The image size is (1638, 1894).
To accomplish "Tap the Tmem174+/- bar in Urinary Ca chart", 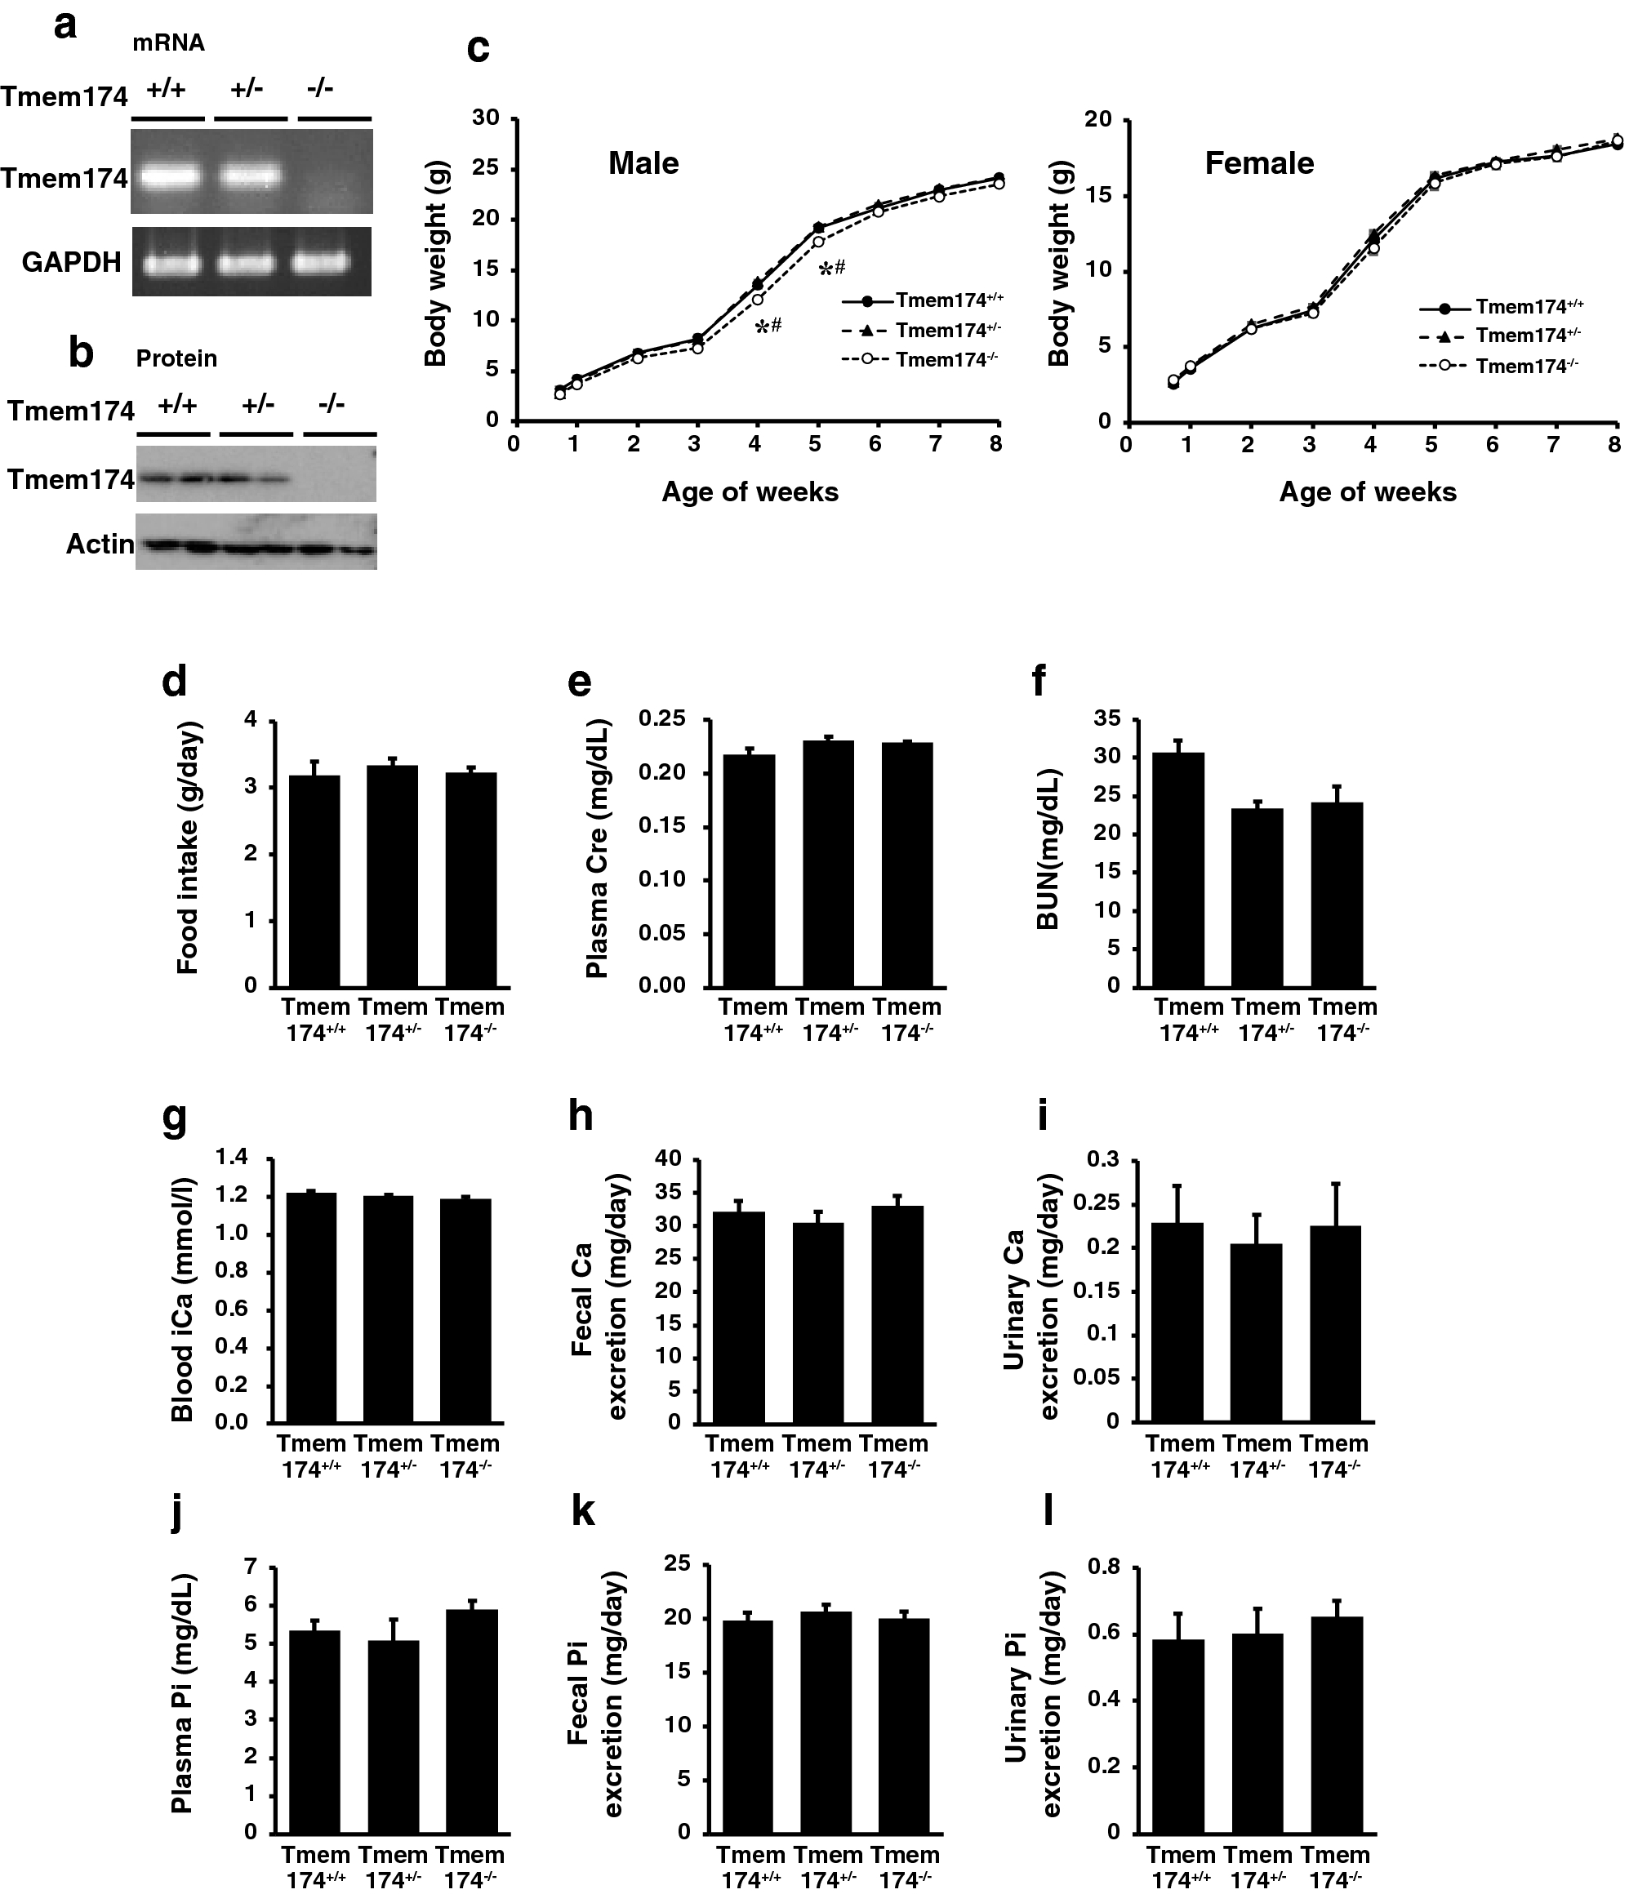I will pyautogui.click(x=1257, y=1332).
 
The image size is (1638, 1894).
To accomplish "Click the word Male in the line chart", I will pyautogui.click(x=643, y=163).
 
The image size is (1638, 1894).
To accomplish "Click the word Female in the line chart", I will pyautogui.click(x=1258, y=163).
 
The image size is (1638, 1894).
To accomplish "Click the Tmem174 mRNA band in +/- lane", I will pyautogui.click(x=250, y=174).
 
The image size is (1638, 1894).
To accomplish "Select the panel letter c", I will pyautogui.click(x=477, y=47).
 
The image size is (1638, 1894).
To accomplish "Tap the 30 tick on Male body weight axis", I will pyautogui.click(x=485, y=118).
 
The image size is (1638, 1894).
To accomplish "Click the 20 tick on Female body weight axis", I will pyautogui.click(x=1097, y=120).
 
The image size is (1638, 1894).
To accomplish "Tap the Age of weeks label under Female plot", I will pyautogui.click(x=1368, y=491).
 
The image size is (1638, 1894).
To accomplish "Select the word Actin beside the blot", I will pyautogui.click(x=100, y=545).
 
